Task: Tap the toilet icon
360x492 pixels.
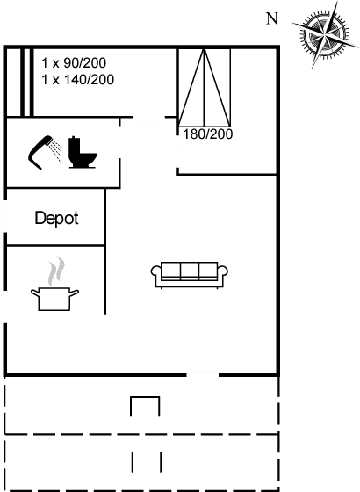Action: click(x=83, y=152)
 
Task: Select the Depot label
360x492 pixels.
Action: click(x=56, y=219)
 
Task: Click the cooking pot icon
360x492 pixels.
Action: click(x=54, y=299)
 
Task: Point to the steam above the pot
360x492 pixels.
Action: click(x=56, y=271)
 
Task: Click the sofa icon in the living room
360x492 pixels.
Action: click(x=190, y=274)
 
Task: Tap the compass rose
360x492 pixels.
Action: click(x=324, y=34)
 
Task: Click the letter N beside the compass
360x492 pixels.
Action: click(x=272, y=18)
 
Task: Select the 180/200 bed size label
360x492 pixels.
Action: click(x=207, y=134)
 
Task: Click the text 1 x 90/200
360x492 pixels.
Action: click(x=74, y=63)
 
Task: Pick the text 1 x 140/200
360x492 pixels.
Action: click(x=78, y=80)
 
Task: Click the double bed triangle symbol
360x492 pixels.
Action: click(x=204, y=88)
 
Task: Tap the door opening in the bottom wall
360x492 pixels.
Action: click(x=203, y=374)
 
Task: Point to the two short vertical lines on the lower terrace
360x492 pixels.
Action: click(x=147, y=462)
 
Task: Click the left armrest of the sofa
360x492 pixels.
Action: click(x=156, y=271)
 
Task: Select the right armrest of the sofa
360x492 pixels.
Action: click(x=223, y=271)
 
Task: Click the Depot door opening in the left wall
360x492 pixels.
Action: click(x=4, y=216)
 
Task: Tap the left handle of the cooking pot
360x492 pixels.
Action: click(x=35, y=293)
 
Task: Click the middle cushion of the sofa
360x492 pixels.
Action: click(x=190, y=271)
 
